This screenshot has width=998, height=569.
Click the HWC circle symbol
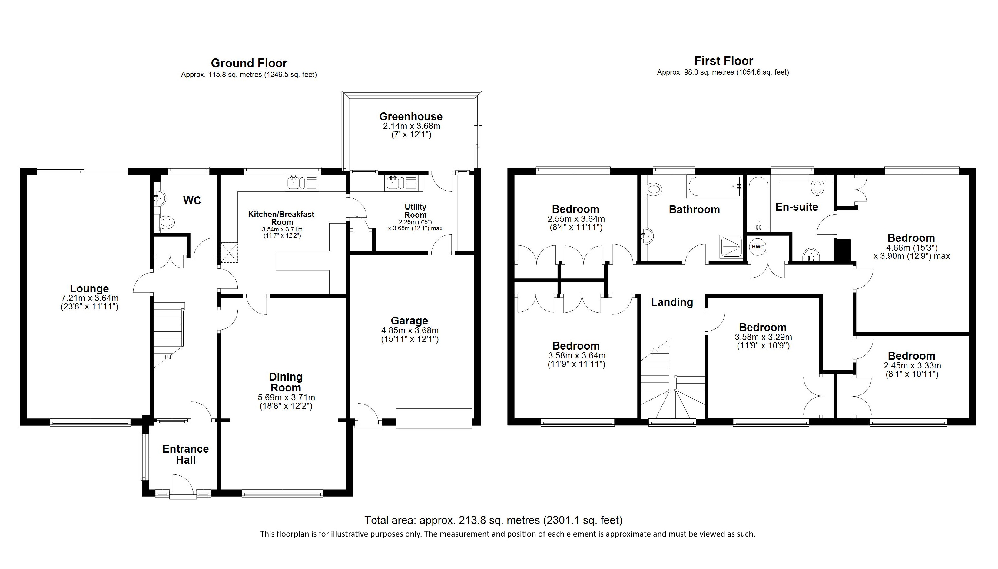(x=758, y=247)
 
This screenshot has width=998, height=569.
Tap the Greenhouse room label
(x=411, y=116)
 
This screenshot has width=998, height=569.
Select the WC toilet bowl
(x=166, y=223)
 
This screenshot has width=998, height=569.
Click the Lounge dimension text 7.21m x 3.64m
(x=89, y=298)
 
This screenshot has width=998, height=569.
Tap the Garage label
(x=409, y=321)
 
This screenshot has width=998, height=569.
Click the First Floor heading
(x=723, y=61)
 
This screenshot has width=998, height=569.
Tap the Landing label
(x=672, y=302)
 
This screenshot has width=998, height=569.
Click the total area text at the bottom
(x=493, y=520)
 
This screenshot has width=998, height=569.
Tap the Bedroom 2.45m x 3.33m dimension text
(x=912, y=366)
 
